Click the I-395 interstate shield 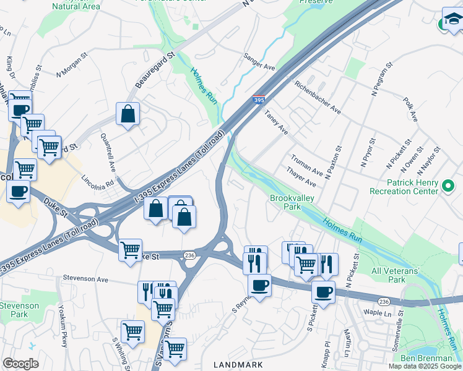point(259,100)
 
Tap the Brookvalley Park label point(292,202)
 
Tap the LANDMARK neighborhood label point(238,365)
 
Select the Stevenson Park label point(19,310)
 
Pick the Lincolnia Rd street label point(98,182)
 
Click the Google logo point(20,364)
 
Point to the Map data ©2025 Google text point(425,366)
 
